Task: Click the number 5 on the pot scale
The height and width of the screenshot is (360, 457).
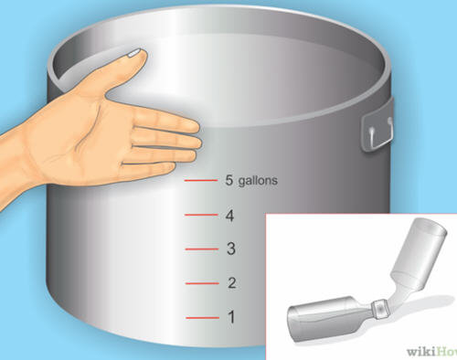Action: pos(228,180)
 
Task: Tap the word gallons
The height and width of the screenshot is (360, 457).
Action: pos(258,181)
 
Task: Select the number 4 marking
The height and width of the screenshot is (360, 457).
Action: pos(229,216)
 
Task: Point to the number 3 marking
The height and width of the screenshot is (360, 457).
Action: pos(231,249)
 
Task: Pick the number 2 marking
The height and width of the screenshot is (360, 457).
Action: pos(232,283)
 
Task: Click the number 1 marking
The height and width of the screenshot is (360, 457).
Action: pos(232,317)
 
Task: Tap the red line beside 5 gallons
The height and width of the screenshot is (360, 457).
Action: pos(201,181)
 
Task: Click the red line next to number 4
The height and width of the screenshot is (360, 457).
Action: pos(201,215)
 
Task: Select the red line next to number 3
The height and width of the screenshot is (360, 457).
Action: pos(202,249)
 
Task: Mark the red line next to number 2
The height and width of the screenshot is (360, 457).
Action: pos(202,283)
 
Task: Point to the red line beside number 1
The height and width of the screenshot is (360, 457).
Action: pos(203,318)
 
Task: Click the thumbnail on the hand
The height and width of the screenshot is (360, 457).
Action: pos(134,53)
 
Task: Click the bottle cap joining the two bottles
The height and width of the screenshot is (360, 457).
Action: pos(380,309)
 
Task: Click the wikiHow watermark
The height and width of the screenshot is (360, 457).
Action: pos(432,352)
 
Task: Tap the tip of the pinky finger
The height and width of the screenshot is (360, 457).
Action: pos(175,166)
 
